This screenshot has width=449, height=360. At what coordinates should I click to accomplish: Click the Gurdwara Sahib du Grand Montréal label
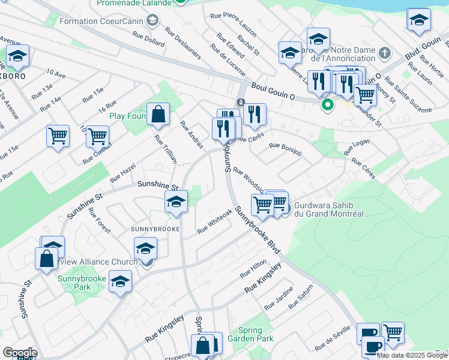pyautogui.click(x=329, y=209)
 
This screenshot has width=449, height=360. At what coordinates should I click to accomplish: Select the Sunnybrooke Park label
pyautogui.click(x=82, y=283)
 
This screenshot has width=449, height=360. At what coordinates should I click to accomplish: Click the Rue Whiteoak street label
pyautogui.click(x=214, y=221)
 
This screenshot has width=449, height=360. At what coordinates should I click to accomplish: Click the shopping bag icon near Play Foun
pyautogui.click(x=158, y=114)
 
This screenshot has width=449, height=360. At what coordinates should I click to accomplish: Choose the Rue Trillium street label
pyautogui.click(x=166, y=149)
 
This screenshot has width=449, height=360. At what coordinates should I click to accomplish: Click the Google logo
pyautogui.click(x=20, y=353)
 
